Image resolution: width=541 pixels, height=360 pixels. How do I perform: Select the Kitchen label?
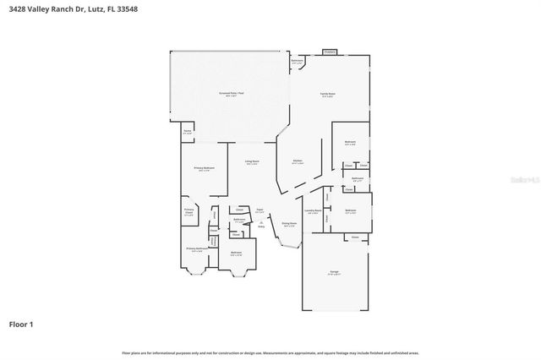(x=298, y=161)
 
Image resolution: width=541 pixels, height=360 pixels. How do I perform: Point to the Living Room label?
(x=252, y=162)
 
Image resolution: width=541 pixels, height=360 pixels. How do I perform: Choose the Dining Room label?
(x=289, y=225)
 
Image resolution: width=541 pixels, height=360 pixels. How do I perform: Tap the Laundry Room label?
(x=313, y=212)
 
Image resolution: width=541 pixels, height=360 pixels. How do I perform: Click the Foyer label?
(x=260, y=211)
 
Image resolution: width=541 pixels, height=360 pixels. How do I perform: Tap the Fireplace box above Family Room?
(x=329, y=52)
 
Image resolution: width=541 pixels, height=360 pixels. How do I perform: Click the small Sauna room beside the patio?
(x=187, y=132)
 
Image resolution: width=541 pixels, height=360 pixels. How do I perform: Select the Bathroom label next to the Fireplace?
(x=298, y=62)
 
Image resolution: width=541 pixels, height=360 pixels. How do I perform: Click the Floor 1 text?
(x=21, y=324)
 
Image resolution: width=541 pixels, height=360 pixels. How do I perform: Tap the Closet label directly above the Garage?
(x=355, y=237)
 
